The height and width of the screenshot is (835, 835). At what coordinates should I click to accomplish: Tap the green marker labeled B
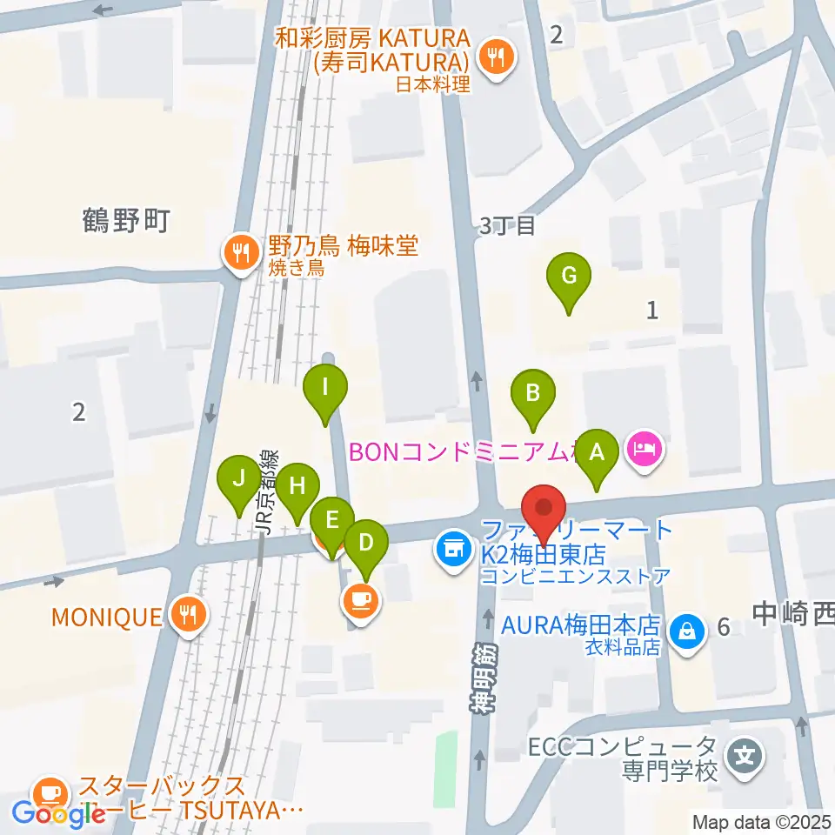point(532,395)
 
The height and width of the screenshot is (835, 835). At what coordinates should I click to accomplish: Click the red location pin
point(544,511)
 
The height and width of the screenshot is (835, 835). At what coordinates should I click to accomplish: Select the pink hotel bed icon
point(644,450)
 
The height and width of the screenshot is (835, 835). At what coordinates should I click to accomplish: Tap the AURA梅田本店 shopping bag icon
point(687,629)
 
